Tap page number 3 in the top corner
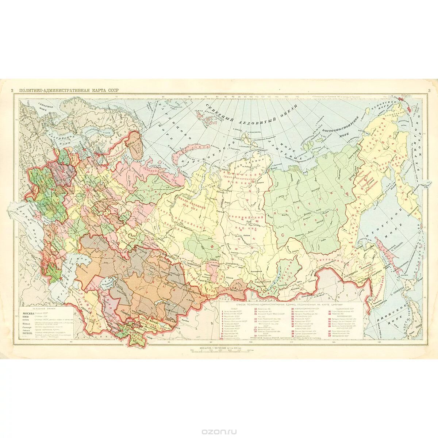[x=429, y=91]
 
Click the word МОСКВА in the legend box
[x=28, y=314]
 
